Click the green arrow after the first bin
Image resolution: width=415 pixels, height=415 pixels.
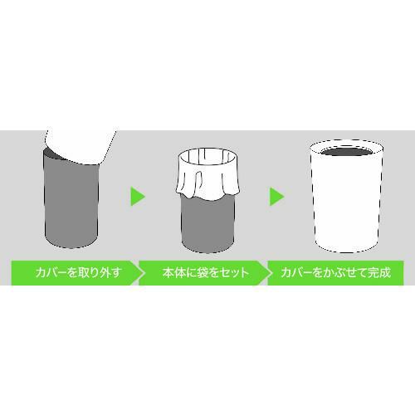pyautogui.click(x=138, y=197)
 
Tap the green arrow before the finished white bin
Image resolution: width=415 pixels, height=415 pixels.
pyautogui.click(x=277, y=197)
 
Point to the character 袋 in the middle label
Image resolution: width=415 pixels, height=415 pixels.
pyautogui.click(x=202, y=272)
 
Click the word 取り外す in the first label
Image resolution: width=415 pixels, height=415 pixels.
pyautogui.click(x=98, y=272)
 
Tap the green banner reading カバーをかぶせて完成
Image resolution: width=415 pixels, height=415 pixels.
pyautogui.click(x=336, y=272)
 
